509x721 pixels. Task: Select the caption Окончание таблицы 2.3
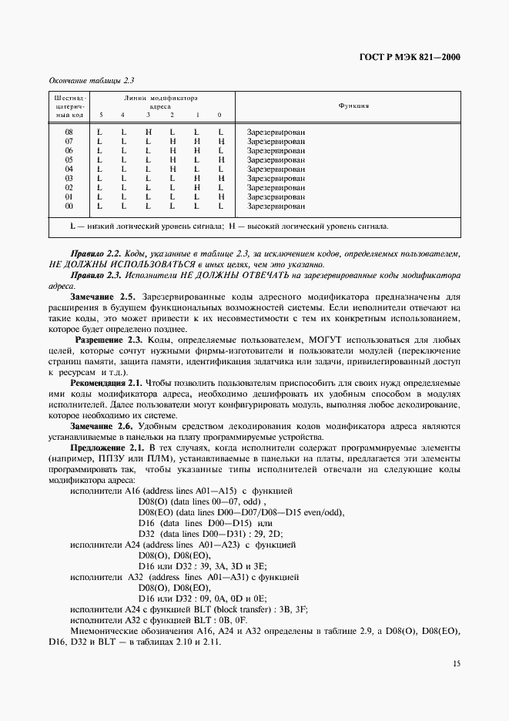click(87, 79)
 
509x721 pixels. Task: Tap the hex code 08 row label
click(69, 132)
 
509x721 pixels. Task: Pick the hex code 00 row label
click(69, 206)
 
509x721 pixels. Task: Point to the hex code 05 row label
click(69, 159)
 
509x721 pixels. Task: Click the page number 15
click(455, 662)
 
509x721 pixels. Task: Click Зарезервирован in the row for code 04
click(276, 169)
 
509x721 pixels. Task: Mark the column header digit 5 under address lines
click(100, 115)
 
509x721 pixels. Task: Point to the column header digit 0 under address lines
click(220, 115)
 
